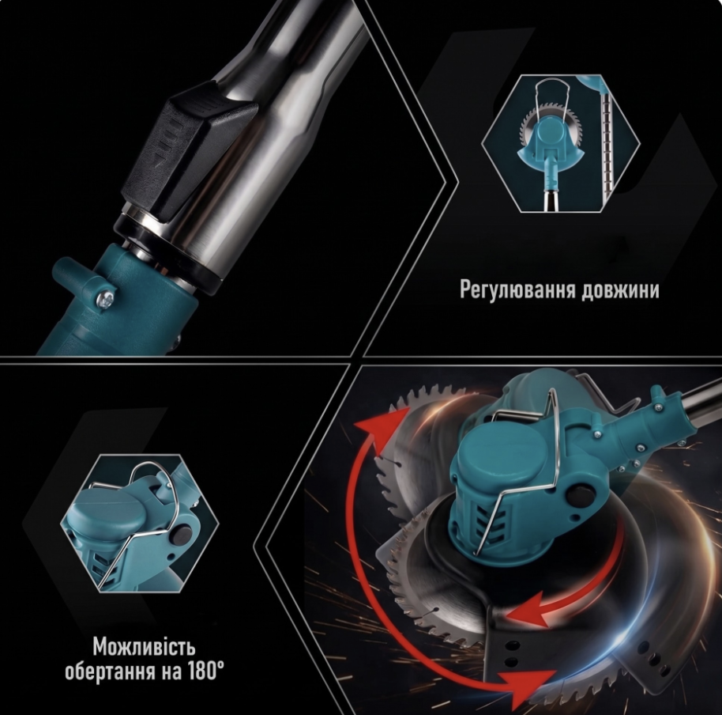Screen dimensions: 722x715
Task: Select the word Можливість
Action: click(x=144, y=647)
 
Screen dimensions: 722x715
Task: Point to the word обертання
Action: click(x=111, y=671)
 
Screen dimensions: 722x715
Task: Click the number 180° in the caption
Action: click(x=206, y=671)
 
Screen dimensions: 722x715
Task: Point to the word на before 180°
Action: click(x=171, y=672)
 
